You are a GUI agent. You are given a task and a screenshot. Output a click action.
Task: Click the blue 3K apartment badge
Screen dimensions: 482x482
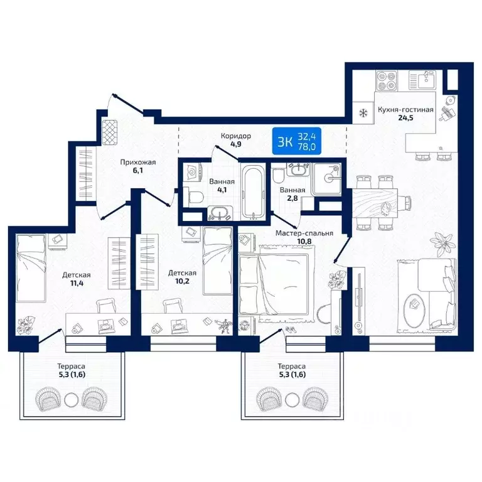(297, 141)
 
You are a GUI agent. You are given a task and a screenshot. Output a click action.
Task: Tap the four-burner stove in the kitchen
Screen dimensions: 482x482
(386, 80)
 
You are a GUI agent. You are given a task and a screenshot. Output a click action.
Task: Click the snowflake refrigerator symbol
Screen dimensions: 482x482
(363, 113)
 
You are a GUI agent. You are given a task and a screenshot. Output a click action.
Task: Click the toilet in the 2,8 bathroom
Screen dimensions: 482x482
(279, 176)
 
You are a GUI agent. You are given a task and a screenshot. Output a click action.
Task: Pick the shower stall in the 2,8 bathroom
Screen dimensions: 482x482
(326, 179)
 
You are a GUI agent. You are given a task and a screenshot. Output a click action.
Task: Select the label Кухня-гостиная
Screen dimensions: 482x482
(405, 110)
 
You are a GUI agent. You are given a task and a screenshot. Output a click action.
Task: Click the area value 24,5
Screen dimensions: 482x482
(406, 118)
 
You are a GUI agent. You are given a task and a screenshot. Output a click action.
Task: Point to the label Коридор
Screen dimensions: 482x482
(236, 136)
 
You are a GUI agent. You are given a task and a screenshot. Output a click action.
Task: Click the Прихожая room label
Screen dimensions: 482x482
(138, 162)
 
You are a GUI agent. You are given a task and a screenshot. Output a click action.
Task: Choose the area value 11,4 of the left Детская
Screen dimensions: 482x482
(77, 283)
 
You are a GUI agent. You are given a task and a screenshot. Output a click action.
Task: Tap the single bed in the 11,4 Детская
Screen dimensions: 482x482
(31, 268)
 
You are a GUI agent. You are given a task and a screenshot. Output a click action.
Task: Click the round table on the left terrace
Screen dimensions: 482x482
(72, 400)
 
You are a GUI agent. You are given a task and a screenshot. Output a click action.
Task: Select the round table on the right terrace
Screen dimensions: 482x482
(292, 400)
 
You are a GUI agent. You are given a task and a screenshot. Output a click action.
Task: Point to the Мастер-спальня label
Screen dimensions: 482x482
(304, 233)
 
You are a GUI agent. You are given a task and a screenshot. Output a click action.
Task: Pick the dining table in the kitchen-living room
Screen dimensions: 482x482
(375, 203)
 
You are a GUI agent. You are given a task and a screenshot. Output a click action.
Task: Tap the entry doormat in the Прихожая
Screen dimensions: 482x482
(110, 132)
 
